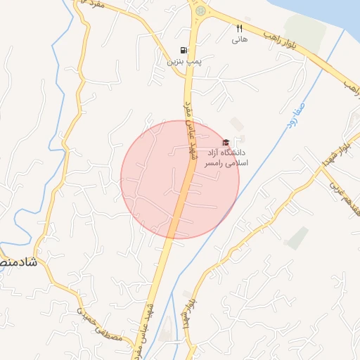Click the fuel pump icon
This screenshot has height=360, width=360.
[x=184, y=51]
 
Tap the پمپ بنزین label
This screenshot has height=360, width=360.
[x=184, y=62]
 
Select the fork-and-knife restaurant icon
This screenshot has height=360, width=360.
[x=239, y=29]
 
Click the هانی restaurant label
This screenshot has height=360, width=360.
[x=239, y=40]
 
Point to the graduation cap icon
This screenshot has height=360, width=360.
[x=226, y=142]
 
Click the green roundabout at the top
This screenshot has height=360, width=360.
[x=201, y=11]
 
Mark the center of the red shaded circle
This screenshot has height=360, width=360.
[x=180, y=179]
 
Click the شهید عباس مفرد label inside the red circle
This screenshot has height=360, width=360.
[x=188, y=131]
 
